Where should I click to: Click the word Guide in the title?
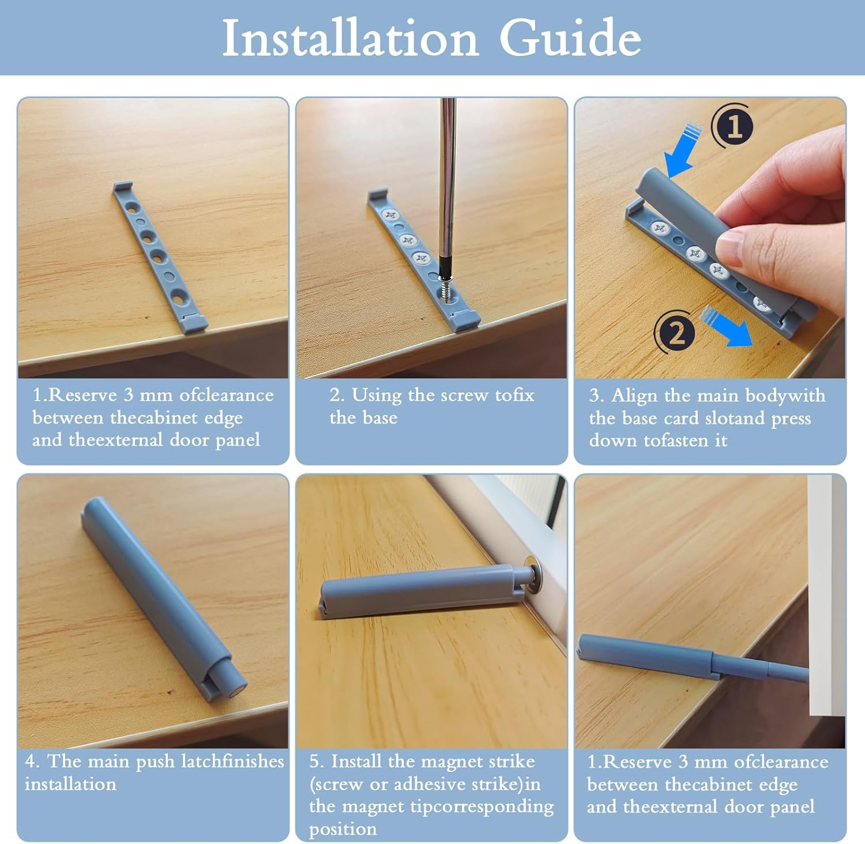coord(570,37)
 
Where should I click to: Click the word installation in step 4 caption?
coord(70,784)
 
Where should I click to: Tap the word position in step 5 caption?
coord(343,830)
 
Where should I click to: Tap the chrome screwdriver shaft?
coord(446,179)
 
